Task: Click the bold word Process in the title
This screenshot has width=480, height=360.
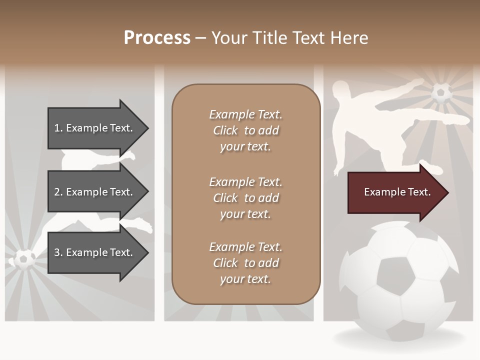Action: (x=157, y=38)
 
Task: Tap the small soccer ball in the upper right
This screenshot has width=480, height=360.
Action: (x=441, y=93)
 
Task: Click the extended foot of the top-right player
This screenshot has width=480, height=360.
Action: (x=462, y=120)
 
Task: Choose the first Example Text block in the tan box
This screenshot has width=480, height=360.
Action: (x=245, y=130)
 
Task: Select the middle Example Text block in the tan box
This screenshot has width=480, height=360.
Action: (x=245, y=198)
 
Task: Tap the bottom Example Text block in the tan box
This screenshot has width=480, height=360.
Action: (x=245, y=263)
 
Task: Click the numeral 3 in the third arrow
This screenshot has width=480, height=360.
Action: (x=56, y=252)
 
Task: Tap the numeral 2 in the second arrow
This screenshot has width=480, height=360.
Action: (x=56, y=192)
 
